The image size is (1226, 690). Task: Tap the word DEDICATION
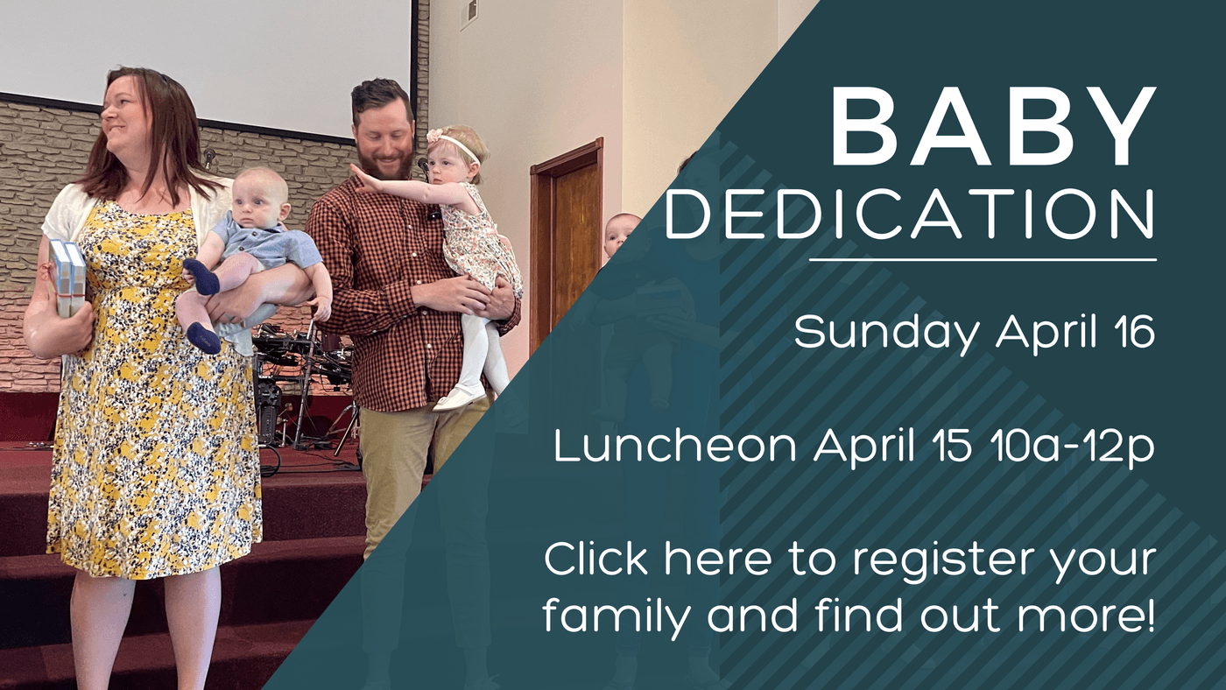pos(910,214)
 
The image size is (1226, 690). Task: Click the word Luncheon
pos(675,447)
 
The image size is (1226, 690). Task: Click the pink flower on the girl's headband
pos(434,135)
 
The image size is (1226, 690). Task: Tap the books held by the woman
pos(68,278)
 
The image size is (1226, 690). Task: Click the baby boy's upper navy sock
pos(202,277)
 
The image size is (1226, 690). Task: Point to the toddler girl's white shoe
pos(459,398)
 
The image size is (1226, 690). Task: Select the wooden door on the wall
pos(567,241)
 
